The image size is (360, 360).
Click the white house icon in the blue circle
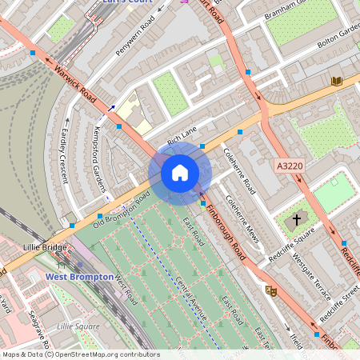pos(180,172)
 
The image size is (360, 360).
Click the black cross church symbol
pos(297,218)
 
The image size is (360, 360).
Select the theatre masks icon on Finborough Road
pos(270,290)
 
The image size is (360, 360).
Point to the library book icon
pos(337,81)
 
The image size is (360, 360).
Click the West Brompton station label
pos(78,277)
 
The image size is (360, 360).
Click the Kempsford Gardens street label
pos(102,154)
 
